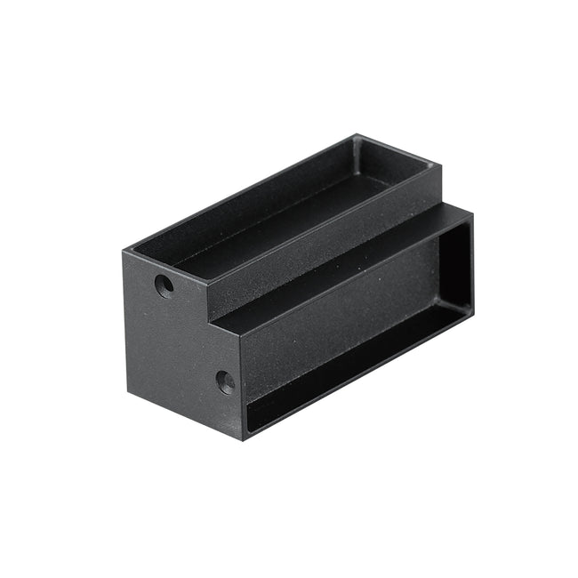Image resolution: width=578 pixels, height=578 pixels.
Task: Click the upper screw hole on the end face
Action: click(x=165, y=285)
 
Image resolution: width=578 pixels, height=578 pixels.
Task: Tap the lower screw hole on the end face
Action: click(x=226, y=382)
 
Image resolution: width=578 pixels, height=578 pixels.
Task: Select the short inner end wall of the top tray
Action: click(x=372, y=160)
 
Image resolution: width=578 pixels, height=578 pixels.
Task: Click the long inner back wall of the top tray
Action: click(x=258, y=191)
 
